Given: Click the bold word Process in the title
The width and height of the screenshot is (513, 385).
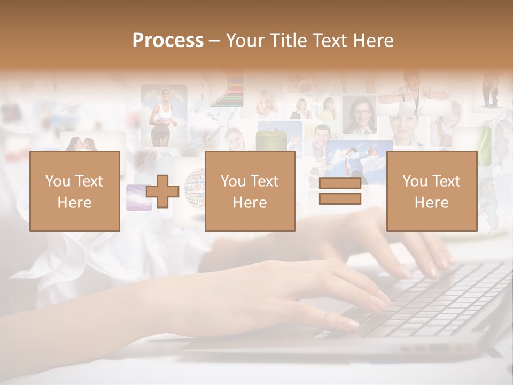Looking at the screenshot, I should [x=168, y=41].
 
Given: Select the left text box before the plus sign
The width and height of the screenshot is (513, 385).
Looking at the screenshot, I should [x=74, y=191].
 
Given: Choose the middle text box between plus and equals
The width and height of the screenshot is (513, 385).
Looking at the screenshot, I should [x=250, y=191].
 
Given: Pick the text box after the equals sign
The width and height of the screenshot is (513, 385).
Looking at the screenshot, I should [x=431, y=191].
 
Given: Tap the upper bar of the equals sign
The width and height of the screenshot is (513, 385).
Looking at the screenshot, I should [x=340, y=183].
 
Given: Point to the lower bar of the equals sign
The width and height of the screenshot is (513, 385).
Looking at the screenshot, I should [x=340, y=199].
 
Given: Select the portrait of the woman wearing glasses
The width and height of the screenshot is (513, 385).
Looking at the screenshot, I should [x=359, y=114].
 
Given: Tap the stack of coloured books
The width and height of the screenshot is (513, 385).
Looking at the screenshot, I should [x=228, y=91].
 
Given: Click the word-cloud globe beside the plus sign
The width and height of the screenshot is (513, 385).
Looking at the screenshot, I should [x=195, y=187].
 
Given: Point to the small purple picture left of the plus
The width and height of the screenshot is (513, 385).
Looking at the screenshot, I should [x=138, y=197].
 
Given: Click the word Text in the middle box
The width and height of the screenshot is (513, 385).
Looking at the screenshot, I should [x=265, y=181].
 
